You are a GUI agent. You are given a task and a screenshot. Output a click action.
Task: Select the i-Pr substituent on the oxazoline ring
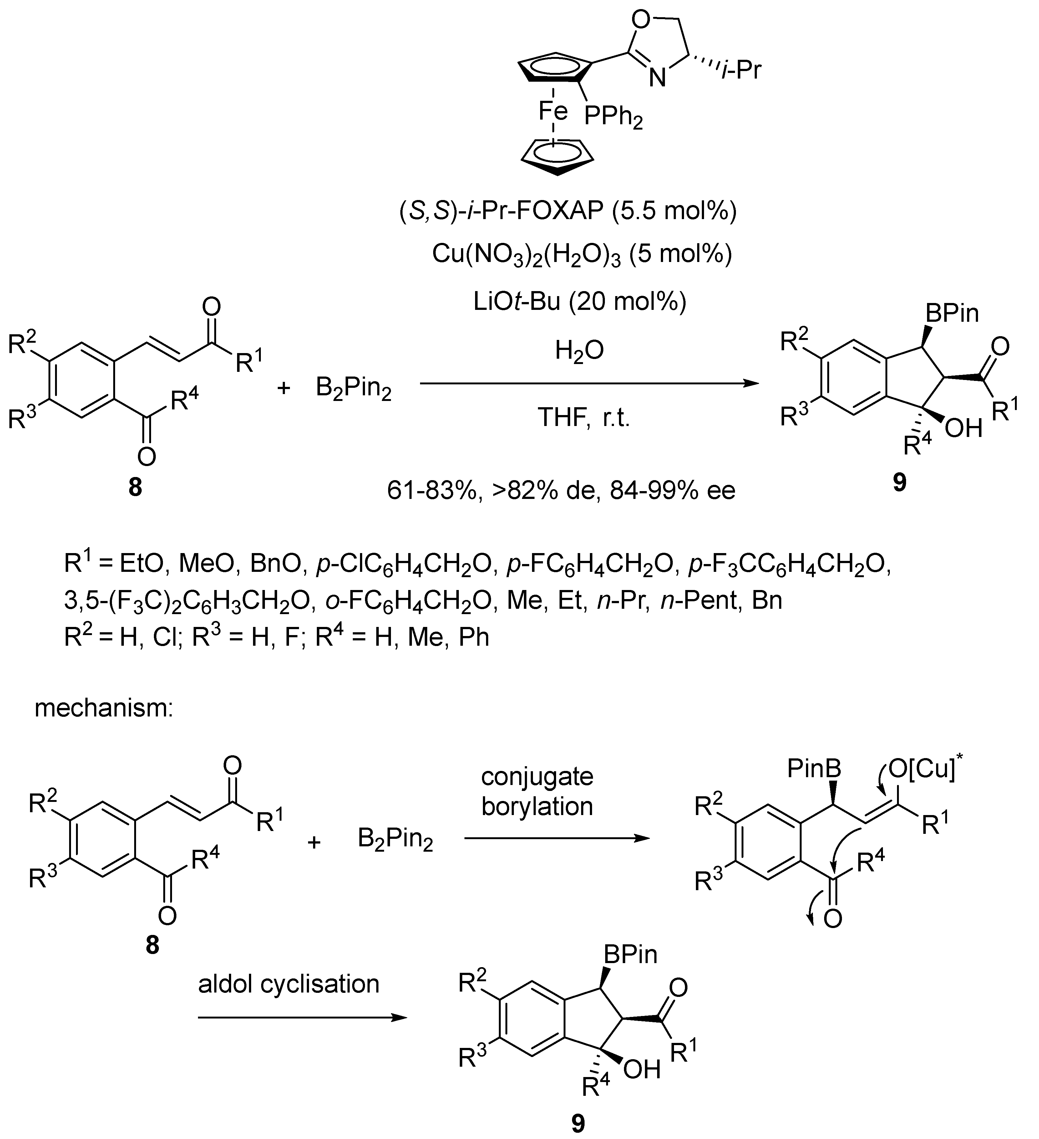[741, 71]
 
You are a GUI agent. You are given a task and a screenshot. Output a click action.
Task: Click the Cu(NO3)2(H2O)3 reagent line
[582, 255]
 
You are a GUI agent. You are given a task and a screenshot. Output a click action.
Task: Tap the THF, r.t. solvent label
[583, 418]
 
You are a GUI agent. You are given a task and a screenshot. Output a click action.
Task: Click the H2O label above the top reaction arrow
[579, 351]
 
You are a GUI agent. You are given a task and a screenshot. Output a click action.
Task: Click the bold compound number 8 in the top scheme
[135, 487]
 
